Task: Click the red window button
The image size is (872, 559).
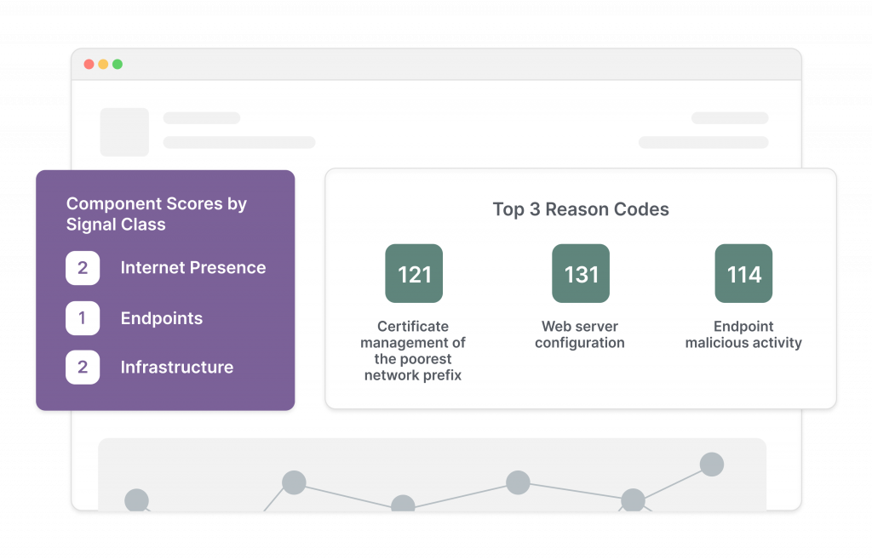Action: tap(89, 65)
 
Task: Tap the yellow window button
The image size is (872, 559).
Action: tap(103, 65)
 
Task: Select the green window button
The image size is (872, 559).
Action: tap(118, 65)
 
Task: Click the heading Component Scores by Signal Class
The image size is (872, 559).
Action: tap(157, 214)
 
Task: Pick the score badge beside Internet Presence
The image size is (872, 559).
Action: tap(83, 268)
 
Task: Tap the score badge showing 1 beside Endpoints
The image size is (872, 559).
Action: tap(83, 318)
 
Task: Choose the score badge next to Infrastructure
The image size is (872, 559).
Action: tap(83, 368)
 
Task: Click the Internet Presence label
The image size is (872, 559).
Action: tap(193, 268)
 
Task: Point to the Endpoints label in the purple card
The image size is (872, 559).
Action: tap(162, 318)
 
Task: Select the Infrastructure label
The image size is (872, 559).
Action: tap(177, 368)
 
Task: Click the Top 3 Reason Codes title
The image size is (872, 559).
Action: tap(581, 209)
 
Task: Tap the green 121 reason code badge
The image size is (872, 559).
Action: tap(415, 274)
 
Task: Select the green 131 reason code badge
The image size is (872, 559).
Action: tap(581, 274)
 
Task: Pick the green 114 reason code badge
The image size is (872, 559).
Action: tap(743, 274)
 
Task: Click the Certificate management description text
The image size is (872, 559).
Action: tap(413, 351)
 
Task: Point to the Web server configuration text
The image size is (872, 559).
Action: tap(580, 334)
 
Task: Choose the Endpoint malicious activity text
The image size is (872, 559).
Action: tap(743, 334)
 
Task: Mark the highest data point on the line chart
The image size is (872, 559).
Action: tap(712, 465)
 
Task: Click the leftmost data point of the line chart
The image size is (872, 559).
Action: tap(136, 500)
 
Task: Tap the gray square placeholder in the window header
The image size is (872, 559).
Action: tap(124, 132)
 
